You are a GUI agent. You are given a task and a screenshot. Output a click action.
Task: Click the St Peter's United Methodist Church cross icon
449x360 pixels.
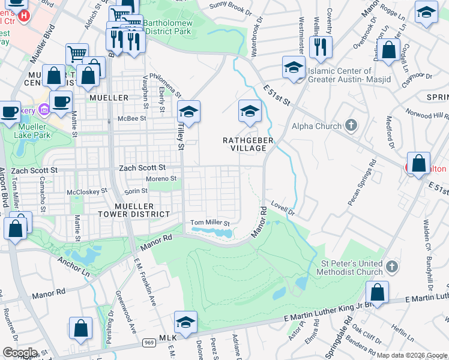pyautogui.click(x=391, y=265)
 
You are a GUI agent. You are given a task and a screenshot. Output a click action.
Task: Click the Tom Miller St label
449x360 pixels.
pyautogui.click(x=210, y=223)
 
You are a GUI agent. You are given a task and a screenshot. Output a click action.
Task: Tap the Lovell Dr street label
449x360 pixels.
pyautogui.click(x=283, y=208)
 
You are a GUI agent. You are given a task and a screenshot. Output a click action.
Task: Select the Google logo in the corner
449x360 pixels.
pyautogui.click(x=20, y=352)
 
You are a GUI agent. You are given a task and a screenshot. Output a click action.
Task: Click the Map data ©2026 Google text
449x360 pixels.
pyautogui.click(x=412, y=355)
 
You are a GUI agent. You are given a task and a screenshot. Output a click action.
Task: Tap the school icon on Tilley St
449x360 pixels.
pyautogui.click(x=188, y=112)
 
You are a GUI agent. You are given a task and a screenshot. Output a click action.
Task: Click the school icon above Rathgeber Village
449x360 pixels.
pyautogui.click(x=250, y=110)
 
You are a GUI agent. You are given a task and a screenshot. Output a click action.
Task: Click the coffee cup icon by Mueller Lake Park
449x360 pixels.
pyautogui.click(x=62, y=101)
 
